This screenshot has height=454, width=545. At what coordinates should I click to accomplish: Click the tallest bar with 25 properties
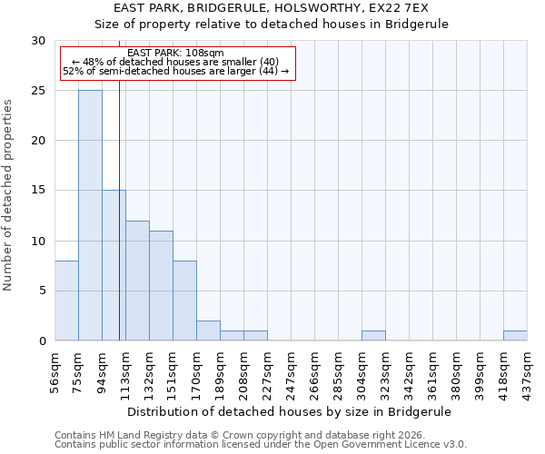90,215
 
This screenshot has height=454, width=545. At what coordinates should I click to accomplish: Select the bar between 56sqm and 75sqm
66,301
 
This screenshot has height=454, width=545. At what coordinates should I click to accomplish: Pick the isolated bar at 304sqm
373,335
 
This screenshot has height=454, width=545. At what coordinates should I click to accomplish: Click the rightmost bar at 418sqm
515,335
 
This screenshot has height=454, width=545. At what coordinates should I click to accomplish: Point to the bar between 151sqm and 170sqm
184,301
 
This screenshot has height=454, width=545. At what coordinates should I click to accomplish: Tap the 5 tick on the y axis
42,291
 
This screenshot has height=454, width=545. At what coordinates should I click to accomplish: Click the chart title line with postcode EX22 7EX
272,7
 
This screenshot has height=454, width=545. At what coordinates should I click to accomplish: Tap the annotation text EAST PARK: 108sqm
170,54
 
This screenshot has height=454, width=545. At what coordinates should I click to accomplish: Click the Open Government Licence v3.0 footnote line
261,445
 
